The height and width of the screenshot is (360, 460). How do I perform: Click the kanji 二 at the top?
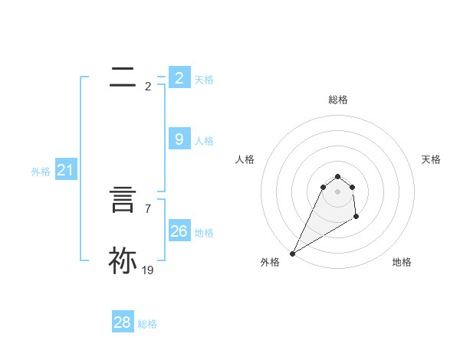(x=123, y=77)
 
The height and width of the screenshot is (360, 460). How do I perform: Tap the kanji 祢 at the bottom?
(x=123, y=260)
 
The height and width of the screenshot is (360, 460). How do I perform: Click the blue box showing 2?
(x=179, y=78)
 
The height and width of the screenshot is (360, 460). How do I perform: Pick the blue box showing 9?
(x=179, y=139)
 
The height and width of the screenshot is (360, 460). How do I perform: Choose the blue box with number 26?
(x=179, y=231)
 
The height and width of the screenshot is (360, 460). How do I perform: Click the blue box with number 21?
(x=65, y=170)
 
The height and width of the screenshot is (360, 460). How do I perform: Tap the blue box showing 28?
(x=122, y=322)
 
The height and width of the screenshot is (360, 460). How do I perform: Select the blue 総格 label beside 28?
(x=147, y=324)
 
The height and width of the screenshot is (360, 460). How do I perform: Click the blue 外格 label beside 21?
(x=41, y=172)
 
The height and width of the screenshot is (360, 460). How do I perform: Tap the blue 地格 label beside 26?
(x=204, y=233)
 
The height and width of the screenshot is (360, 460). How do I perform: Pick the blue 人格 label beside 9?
(x=204, y=141)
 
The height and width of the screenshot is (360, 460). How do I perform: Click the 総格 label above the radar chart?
(x=337, y=100)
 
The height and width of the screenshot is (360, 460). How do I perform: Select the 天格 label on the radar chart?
(x=431, y=159)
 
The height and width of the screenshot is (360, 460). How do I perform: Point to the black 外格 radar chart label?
(x=270, y=262)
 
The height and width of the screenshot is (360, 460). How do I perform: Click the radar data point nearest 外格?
(x=292, y=253)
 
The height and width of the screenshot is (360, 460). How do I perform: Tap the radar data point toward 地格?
(x=356, y=218)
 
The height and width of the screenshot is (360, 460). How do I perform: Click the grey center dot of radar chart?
(x=337, y=191)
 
